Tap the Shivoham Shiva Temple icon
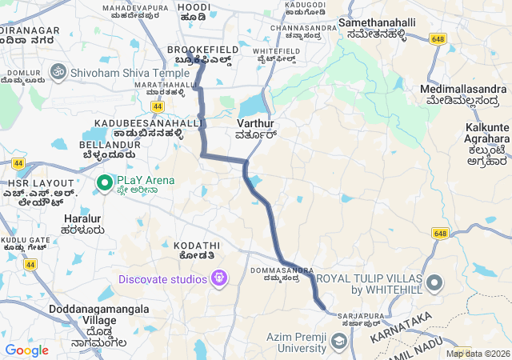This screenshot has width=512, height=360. coord(57,72)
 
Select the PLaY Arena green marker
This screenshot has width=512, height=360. coord(105,183)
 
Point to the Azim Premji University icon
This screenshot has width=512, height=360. coord(338,342)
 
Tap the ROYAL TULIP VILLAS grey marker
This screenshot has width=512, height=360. coord(434,282)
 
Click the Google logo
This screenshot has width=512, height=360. coord(26,350)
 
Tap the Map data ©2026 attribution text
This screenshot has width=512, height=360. coord(477,354)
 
